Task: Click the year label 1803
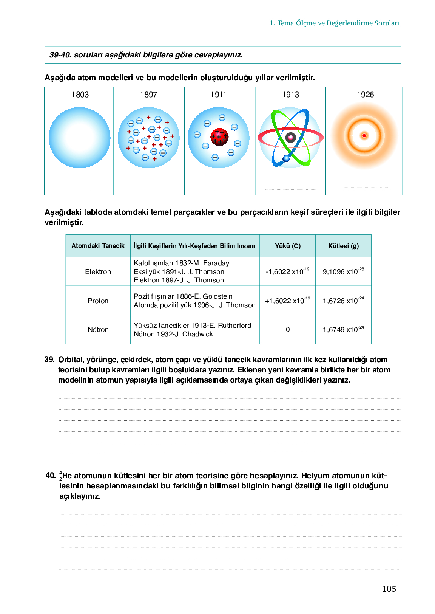[x=80, y=95]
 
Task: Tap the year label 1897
[x=148, y=95]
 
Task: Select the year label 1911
[x=218, y=95]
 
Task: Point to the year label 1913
[x=290, y=95]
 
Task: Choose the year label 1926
[x=365, y=95]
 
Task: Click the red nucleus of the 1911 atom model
[x=219, y=137]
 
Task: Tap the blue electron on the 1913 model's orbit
[x=286, y=158]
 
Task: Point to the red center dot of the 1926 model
[x=364, y=135]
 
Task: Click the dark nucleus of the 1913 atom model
[x=290, y=137]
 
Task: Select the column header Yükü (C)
[x=288, y=246]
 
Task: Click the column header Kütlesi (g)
[x=343, y=246]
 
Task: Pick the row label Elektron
[x=98, y=271]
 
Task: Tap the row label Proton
[x=98, y=301]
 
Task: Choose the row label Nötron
[x=98, y=329]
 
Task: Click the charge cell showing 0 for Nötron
[x=288, y=329]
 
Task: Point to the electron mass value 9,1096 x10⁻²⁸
[x=343, y=271]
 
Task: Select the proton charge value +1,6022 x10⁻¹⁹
[x=287, y=301]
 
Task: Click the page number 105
[x=389, y=589]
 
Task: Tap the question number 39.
[x=49, y=360]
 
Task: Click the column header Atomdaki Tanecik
[x=98, y=246]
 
